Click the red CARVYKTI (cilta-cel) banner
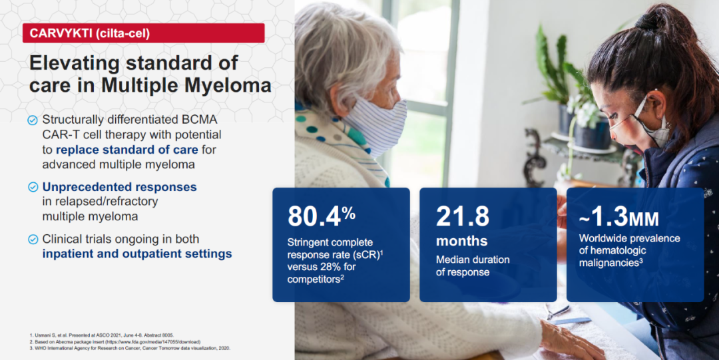coord(144,33)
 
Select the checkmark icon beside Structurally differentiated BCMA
coord(33,120)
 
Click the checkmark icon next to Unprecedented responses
coord(33,187)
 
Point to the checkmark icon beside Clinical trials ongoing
coord(33,240)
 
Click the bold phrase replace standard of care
coord(127,150)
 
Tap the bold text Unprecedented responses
coord(120,187)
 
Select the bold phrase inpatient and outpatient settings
coord(137,254)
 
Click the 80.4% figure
coord(322,216)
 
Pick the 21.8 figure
coord(462,216)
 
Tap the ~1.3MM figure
coord(619,218)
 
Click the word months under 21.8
coord(462,242)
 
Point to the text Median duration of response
coord(473,266)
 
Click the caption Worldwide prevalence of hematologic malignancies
coord(630,251)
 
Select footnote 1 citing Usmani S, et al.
coord(101,335)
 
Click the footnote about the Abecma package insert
coord(115,341)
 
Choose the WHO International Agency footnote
coord(129,348)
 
